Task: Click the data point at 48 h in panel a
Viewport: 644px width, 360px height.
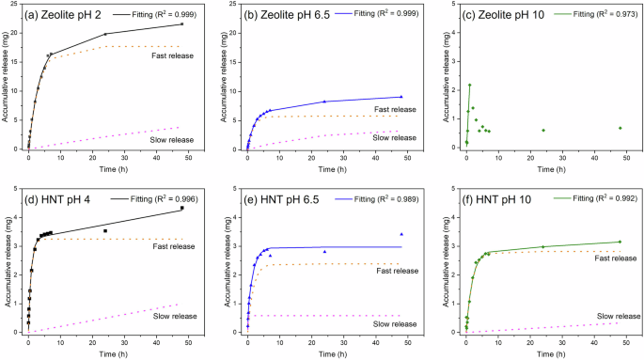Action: coord(182,23)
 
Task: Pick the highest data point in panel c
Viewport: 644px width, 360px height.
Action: coord(469,86)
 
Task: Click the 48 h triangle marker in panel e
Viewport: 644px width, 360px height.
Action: coord(401,234)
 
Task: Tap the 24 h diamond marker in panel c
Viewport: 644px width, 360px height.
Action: coord(543,131)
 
